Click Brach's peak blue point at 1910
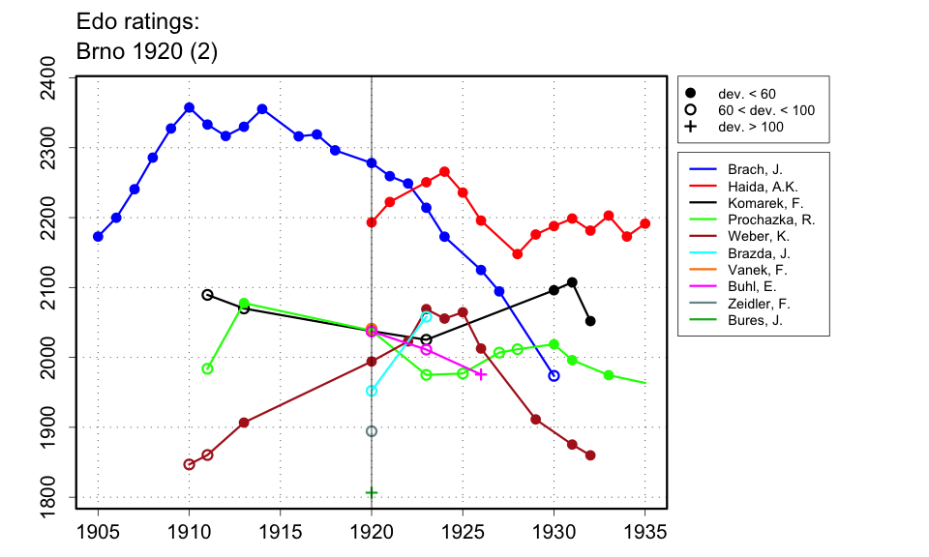(189, 107)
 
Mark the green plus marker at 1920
(372, 492)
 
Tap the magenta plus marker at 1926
(481, 374)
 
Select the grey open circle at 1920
(372, 431)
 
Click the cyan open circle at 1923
(427, 317)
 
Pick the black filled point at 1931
(572, 282)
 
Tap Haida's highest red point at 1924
(444, 172)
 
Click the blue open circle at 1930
(554, 375)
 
